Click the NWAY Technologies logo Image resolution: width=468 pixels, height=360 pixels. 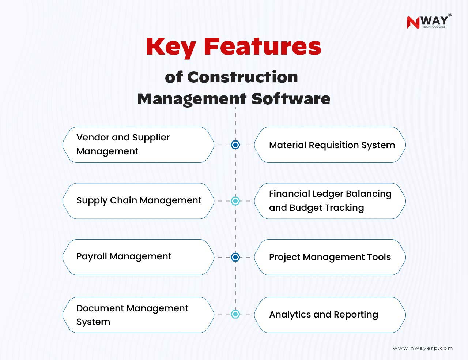[429, 21]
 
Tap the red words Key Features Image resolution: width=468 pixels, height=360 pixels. [234, 47]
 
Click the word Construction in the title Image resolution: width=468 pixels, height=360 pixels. [242, 77]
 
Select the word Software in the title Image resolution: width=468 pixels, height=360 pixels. [291, 99]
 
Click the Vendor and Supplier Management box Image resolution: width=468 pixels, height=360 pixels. [138, 145]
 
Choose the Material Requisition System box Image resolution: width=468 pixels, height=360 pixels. [330, 145]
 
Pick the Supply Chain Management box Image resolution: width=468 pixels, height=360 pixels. [138, 201]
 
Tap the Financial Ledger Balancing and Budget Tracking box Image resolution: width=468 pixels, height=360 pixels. [330, 201]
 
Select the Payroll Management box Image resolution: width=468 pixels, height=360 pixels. [138, 257]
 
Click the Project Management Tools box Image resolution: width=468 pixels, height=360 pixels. [330, 257]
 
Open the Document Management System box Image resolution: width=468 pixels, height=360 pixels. [138, 315]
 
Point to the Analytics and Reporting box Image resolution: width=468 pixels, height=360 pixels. [330, 315]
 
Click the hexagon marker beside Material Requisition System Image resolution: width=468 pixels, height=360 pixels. [235, 145]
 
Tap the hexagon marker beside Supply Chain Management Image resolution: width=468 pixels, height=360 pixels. [235, 201]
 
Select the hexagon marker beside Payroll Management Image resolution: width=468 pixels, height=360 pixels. [235, 257]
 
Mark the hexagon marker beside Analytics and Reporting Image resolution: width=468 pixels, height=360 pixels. [235, 314]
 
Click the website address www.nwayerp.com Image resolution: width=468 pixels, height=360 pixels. [423, 348]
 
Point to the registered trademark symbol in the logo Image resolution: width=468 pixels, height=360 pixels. [450, 15]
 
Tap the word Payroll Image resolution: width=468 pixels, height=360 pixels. [92, 257]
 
